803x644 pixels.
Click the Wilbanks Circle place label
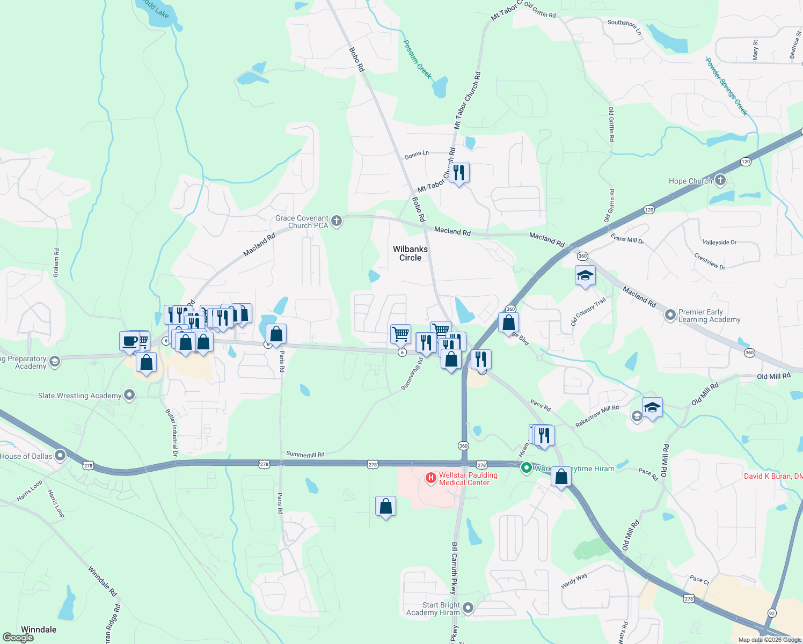(410, 253)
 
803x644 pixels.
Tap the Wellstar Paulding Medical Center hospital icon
(430, 478)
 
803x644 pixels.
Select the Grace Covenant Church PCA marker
(337, 221)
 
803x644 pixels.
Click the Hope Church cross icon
(720, 180)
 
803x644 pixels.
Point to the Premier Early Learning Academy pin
(670, 315)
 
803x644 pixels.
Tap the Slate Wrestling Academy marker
(129, 396)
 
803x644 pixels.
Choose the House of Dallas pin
(60, 456)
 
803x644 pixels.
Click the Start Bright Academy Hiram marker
(468, 608)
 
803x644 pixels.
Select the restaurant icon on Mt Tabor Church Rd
(458, 173)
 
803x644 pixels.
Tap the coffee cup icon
(130, 341)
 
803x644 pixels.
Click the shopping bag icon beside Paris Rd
(276, 334)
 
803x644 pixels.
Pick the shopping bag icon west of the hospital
(385, 506)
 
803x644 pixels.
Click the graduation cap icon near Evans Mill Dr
(585, 276)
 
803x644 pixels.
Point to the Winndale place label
(39, 630)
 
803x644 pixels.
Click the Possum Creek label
(417, 59)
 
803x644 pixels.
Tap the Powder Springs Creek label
(726, 86)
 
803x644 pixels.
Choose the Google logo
(18, 638)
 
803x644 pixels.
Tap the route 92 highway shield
(772, 613)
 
